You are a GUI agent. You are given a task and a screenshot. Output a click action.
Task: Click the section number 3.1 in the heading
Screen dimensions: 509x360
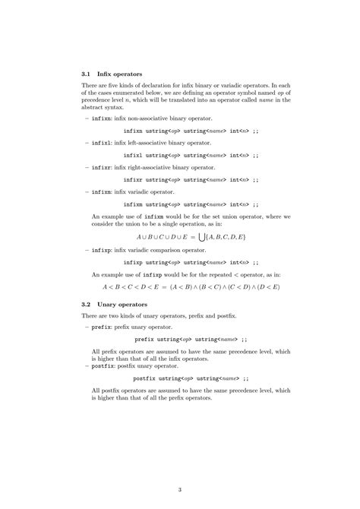(86, 74)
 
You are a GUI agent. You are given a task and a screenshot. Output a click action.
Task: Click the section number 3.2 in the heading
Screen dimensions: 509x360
(86, 304)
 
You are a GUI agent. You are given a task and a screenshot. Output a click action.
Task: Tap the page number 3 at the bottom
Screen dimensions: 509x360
(180, 488)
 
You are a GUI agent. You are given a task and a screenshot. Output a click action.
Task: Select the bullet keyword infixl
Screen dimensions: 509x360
(101, 143)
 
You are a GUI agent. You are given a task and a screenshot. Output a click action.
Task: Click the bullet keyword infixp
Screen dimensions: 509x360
(101, 249)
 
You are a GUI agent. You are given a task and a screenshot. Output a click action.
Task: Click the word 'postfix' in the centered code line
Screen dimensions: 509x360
(147, 378)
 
